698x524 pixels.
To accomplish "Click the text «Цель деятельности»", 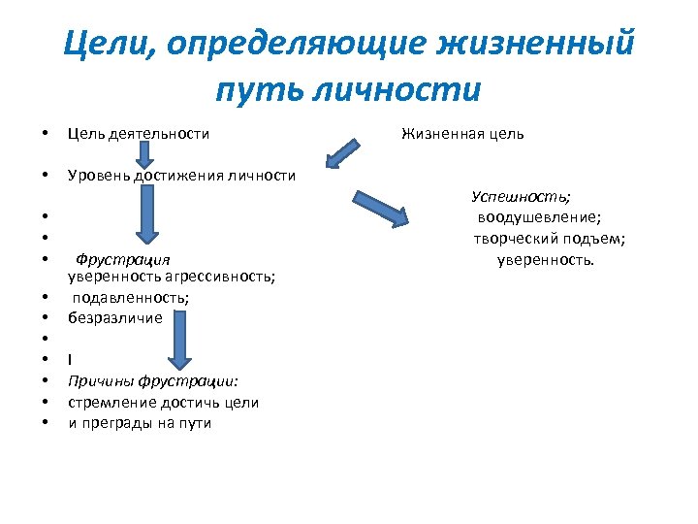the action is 138,133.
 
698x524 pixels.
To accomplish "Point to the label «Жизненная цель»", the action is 462,133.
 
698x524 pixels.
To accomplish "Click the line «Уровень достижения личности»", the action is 181,175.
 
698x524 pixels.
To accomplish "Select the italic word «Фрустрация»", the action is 122,259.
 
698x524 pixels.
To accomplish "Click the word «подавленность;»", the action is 130,297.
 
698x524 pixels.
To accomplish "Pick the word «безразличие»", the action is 115,316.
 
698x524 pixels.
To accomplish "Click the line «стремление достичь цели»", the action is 163,402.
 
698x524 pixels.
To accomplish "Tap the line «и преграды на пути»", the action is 140,422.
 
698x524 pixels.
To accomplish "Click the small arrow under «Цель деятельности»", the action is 143,152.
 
